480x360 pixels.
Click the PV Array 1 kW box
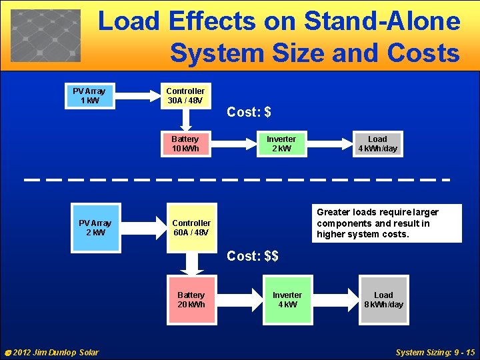click(89, 95)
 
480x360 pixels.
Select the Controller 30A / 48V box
click(185, 95)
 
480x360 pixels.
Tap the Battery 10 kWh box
click(185, 143)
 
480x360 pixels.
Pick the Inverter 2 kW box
click(281, 143)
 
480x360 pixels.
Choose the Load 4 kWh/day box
click(377, 143)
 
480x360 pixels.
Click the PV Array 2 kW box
click(95, 227)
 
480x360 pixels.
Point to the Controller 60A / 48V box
click(191, 227)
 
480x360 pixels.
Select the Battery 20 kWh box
click(191, 299)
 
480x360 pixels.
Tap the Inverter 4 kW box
click(287, 299)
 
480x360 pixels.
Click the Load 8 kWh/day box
click(383, 299)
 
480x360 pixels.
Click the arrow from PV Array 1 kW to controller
click(136, 95)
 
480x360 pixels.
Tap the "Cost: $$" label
click(252, 256)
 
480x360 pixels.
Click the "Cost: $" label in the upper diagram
click(249, 112)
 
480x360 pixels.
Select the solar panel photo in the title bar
click(45, 35)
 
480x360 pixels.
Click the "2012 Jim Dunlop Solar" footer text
click(52, 352)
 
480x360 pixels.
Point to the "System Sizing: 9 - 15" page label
click(435, 352)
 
